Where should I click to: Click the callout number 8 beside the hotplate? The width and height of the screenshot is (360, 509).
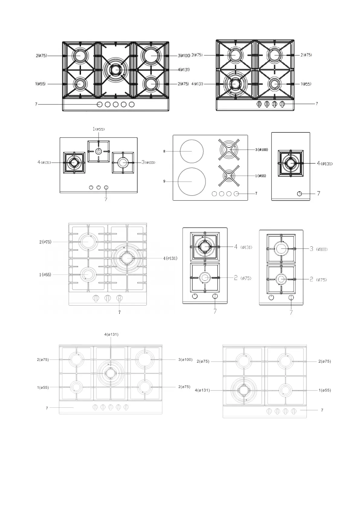tap(164, 151)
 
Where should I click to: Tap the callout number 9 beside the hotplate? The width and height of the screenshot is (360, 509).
tap(164, 181)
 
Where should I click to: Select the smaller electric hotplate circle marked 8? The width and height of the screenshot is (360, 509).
tap(192, 151)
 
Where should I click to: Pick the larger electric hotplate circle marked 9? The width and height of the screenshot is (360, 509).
tap(192, 181)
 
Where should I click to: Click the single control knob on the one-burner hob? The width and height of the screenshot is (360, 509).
tap(300, 193)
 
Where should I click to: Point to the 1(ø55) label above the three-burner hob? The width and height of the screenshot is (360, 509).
tap(99, 129)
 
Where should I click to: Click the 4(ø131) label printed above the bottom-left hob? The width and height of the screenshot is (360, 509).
tap(111, 334)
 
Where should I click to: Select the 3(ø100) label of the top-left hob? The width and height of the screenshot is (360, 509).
tap(184, 55)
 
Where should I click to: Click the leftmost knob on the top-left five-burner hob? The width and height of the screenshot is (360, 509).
tap(100, 104)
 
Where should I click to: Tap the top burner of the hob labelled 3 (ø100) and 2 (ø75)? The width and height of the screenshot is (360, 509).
tap(281, 248)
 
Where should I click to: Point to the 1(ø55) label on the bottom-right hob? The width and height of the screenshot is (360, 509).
tap(325, 390)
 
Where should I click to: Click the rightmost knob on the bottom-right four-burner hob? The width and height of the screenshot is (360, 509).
tap(294, 411)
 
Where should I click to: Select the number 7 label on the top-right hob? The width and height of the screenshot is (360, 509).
tap(317, 104)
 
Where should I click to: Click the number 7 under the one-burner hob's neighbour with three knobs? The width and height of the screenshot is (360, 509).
tap(106, 199)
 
